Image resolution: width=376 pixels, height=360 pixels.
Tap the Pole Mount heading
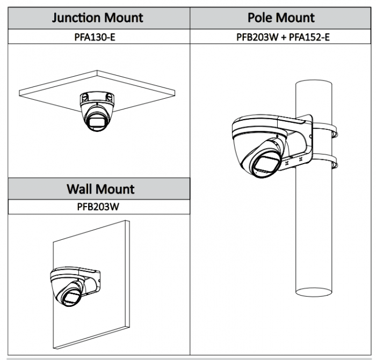tap(281, 18)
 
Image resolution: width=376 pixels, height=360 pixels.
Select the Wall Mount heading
tap(100, 189)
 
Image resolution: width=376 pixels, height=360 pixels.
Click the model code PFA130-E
tap(100, 38)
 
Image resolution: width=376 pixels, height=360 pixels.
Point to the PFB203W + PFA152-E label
tap(281, 38)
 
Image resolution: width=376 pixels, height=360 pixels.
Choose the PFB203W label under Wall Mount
tap(100, 206)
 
